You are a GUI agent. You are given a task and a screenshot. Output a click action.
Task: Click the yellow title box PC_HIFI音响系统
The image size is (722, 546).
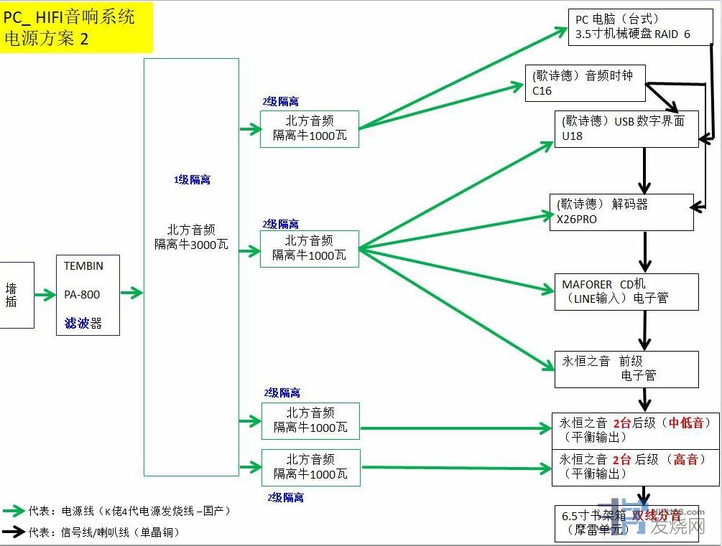tap(76, 27)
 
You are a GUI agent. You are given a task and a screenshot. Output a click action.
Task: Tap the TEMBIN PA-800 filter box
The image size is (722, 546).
tap(88, 295)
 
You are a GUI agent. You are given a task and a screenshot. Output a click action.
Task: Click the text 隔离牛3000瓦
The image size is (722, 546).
tap(191, 245)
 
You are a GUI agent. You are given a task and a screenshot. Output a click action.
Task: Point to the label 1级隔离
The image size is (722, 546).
tap(192, 180)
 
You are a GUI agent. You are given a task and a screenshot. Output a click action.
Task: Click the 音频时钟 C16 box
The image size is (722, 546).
tap(585, 83)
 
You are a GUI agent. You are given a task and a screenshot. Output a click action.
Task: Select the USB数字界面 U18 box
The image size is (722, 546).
tap(626, 128)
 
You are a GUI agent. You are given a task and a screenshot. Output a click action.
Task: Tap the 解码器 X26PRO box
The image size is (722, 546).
tap(621, 212)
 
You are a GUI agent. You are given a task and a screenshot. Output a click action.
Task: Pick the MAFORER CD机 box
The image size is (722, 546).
tap(626, 291)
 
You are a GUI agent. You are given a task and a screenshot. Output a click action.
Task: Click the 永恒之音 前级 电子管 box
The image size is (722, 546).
tap(626, 368)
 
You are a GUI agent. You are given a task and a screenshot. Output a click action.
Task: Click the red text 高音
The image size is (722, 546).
tap(685, 459)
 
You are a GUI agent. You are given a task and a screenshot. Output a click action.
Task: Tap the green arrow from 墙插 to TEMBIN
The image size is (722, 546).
tap(45, 295)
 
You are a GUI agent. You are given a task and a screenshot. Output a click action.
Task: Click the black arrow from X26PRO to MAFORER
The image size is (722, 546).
tap(646, 251)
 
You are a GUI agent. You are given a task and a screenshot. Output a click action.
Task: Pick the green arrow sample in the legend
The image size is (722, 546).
tap(14, 511)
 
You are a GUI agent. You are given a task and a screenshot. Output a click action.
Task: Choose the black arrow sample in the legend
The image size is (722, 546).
tap(14, 532)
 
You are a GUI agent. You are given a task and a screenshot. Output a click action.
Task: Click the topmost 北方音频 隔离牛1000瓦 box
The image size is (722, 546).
tap(309, 128)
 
